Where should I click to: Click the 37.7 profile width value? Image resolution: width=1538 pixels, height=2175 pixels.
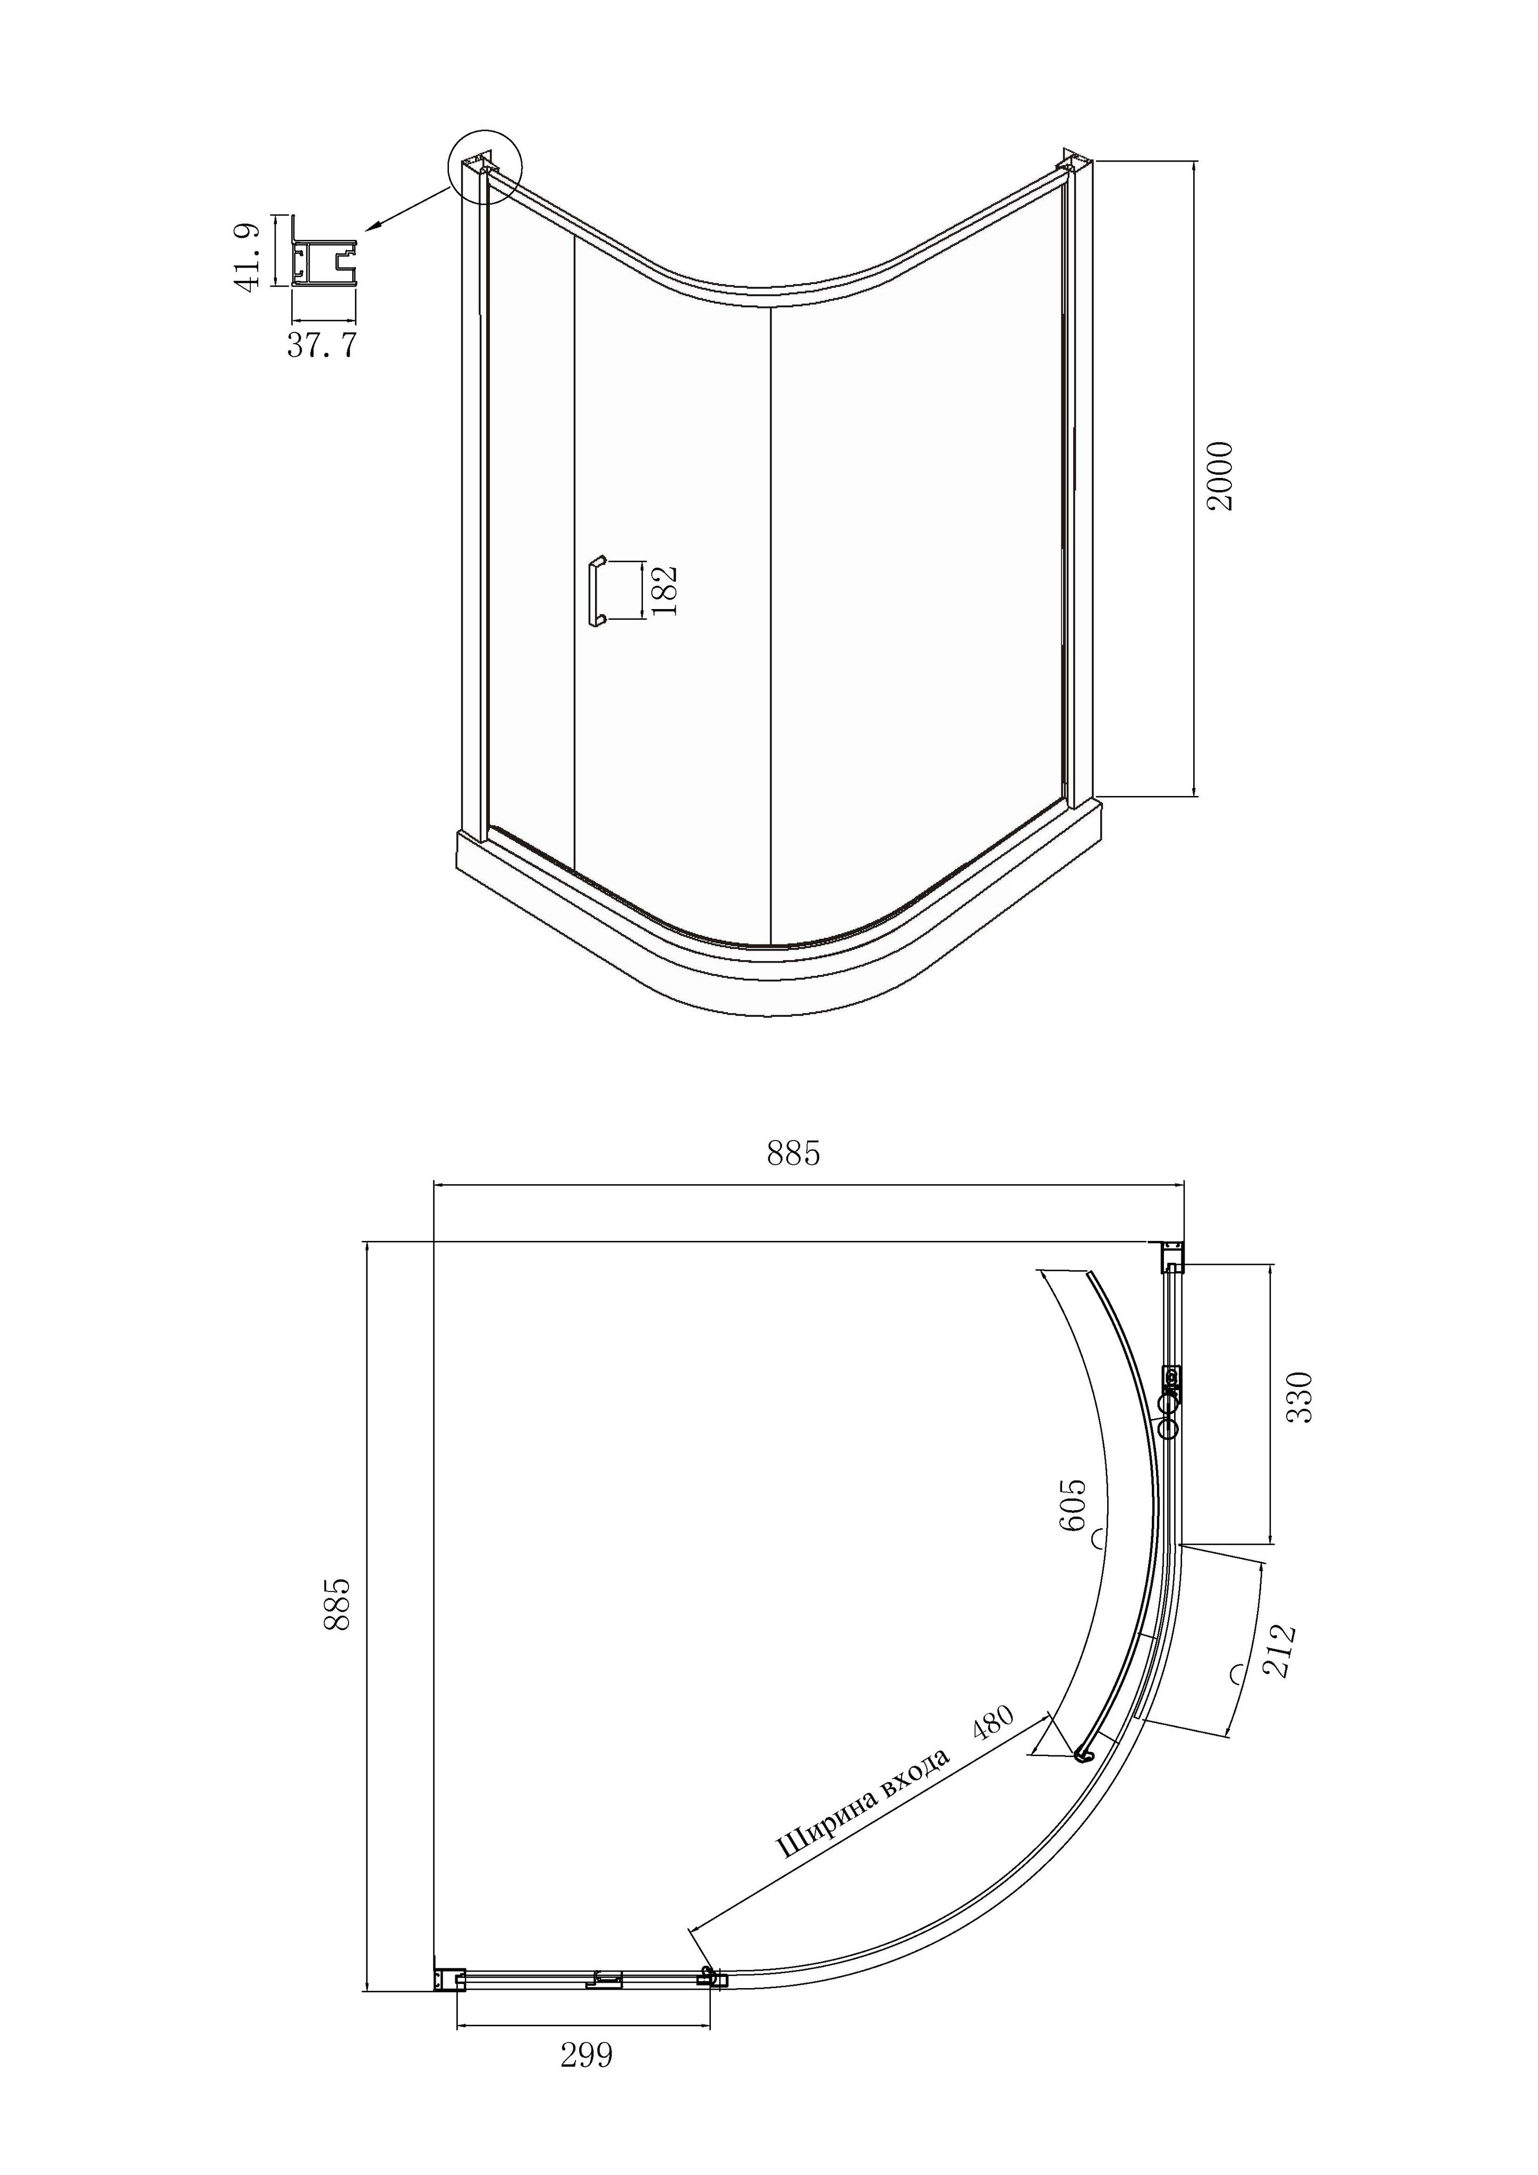point(322,345)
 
